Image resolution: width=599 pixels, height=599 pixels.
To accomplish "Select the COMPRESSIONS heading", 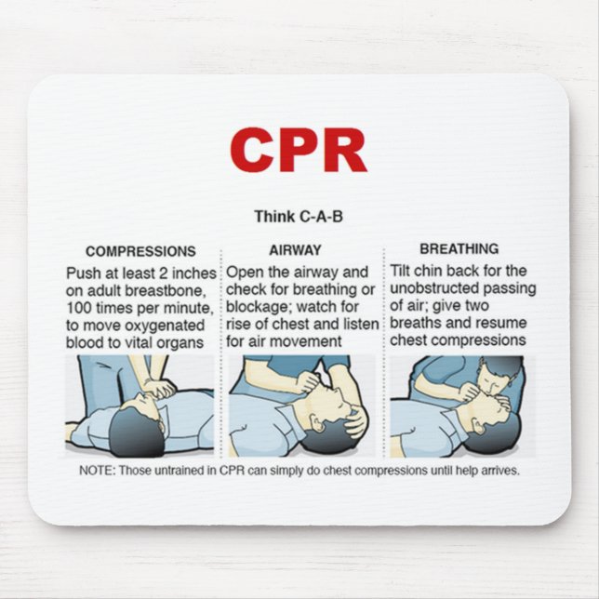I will pos(140,251).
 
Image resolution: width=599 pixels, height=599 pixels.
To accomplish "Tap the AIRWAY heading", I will pos(295,250).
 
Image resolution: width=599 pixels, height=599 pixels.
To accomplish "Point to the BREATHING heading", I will pos(459,249).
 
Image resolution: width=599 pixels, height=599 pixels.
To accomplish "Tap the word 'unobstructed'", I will pos(433,289).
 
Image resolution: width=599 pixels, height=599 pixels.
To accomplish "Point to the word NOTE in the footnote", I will pos(95,471).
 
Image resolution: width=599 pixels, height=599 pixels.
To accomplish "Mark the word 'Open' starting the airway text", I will pos(244,273).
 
